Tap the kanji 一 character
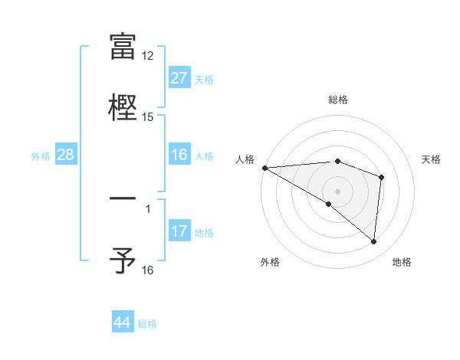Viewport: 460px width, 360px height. coord(123,199)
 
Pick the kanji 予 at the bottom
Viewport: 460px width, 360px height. coord(123,260)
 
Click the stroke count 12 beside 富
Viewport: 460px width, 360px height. coord(148,56)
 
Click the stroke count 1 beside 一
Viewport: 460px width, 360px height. coord(148,208)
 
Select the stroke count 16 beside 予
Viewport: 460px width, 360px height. coord(148,270)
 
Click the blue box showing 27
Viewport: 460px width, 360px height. coord(179,78)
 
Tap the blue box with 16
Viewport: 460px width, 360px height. coord(179,155)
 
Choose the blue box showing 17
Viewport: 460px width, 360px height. coord(179,231)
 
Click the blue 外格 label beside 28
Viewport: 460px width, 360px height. coord(41,156)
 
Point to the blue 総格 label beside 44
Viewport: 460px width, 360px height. coord(147,324)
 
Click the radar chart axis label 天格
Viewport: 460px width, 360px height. coord(432,159)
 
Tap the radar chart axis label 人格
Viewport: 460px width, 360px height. coord(245,159)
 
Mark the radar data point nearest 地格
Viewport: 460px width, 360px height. coord(373,242)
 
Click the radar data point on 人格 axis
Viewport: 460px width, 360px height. coord(264,168)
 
